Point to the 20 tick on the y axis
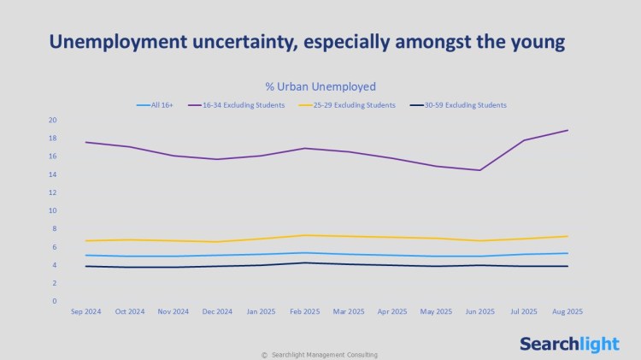coord(52,120)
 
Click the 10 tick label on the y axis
coord(52,210)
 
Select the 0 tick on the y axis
coord(54,301)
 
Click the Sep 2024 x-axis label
coord(85,312)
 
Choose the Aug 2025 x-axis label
coord(567,312)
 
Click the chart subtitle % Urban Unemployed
coord(320,86)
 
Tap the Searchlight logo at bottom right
coord(569,344)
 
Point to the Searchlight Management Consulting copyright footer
coord(319,355)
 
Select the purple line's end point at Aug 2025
coord(567,130)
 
